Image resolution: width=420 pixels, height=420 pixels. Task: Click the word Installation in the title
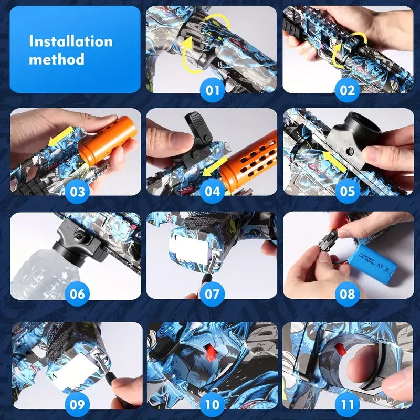[70, 41]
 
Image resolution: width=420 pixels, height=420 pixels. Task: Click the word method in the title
[56, 59]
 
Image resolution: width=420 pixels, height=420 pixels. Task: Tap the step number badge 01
[212, 90]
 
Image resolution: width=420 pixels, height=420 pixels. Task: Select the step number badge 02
[347, 90]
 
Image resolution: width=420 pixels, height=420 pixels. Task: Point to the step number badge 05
[347, 192]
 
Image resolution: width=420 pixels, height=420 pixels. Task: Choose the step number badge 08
[347, 294]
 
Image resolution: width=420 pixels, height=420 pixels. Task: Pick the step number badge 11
[347, 405]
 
